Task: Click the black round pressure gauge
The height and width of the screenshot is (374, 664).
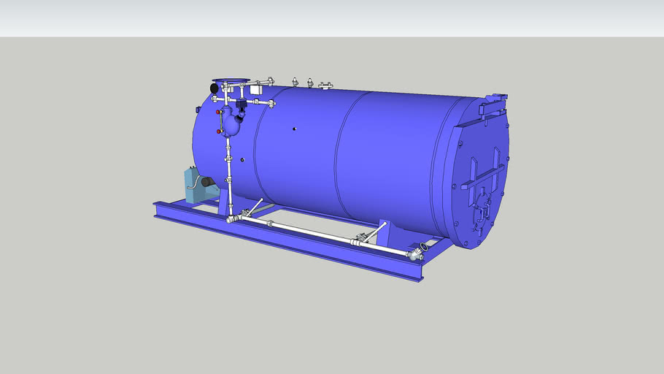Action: point(214,87)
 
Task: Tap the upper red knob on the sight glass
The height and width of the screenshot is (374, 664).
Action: point(218,113)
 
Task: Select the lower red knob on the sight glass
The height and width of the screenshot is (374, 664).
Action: point(219,131)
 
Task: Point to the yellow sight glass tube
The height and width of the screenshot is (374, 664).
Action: point(220,122)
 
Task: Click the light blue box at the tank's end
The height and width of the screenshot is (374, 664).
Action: point(193,186)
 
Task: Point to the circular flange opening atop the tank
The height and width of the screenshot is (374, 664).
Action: point(230,81)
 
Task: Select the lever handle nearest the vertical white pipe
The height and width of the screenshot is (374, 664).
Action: point(255,207)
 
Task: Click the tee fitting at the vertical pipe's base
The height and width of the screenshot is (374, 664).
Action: point(232,218)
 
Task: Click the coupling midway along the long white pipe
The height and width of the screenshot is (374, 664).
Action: point(271,223)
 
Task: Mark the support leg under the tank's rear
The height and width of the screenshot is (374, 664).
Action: point(386,232)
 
